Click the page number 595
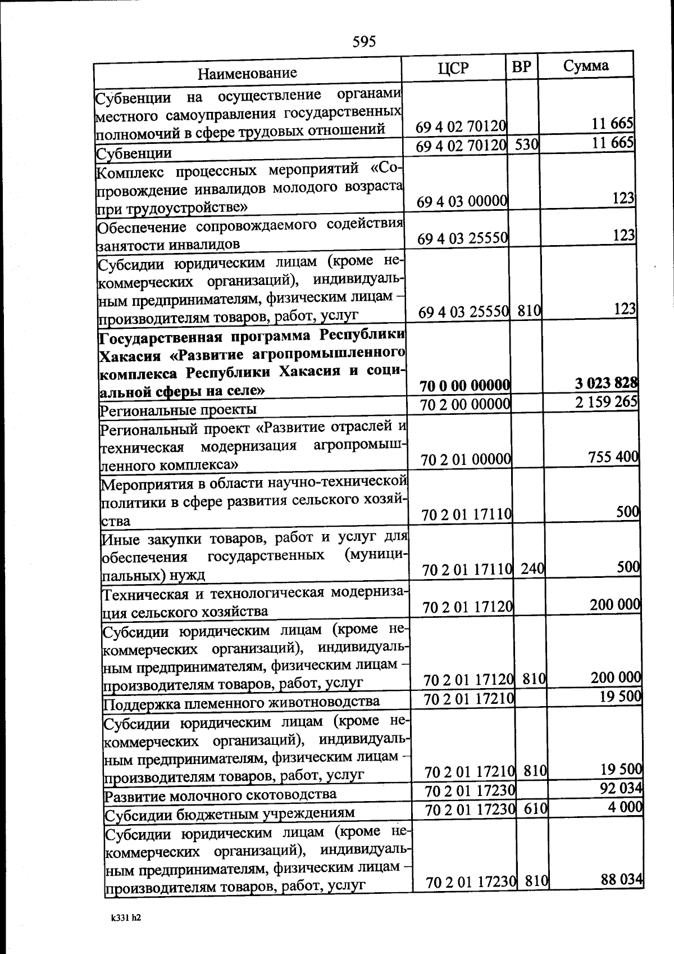pyautogui.click(x=364, y=41)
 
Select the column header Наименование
pyautogui.click(x=247, y=73)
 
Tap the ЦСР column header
pyautogui.click(x=453, y=68)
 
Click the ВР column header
pyautogui.click(x=521, y=67)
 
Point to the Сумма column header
pyautogui.click(x=586, y=66)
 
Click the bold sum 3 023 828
pyautogui.click(x=606, y=383)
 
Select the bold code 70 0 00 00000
pyautogui.click(x=465, y=386)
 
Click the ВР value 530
pyautogui.click(x=527, y=144)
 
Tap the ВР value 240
pyautogui.click(x=532, y=569)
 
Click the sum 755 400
pyautogui.click(x=613, y=456)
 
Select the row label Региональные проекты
pyautogui.click(x=178, y=409)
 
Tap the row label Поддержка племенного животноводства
pyautogui.click(x=242, y=702)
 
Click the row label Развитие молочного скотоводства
pyautogui.click(x=221, y=794)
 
